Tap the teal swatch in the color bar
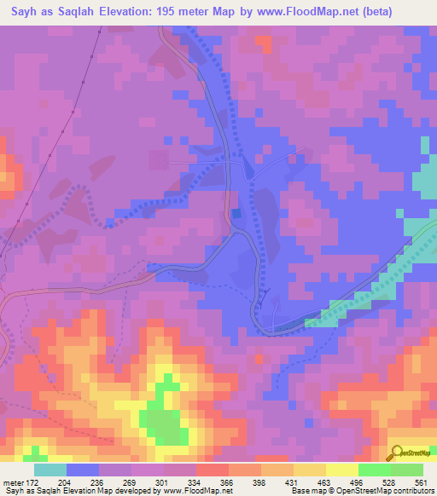tap(50, 470)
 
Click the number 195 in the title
tap(188, 12)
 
